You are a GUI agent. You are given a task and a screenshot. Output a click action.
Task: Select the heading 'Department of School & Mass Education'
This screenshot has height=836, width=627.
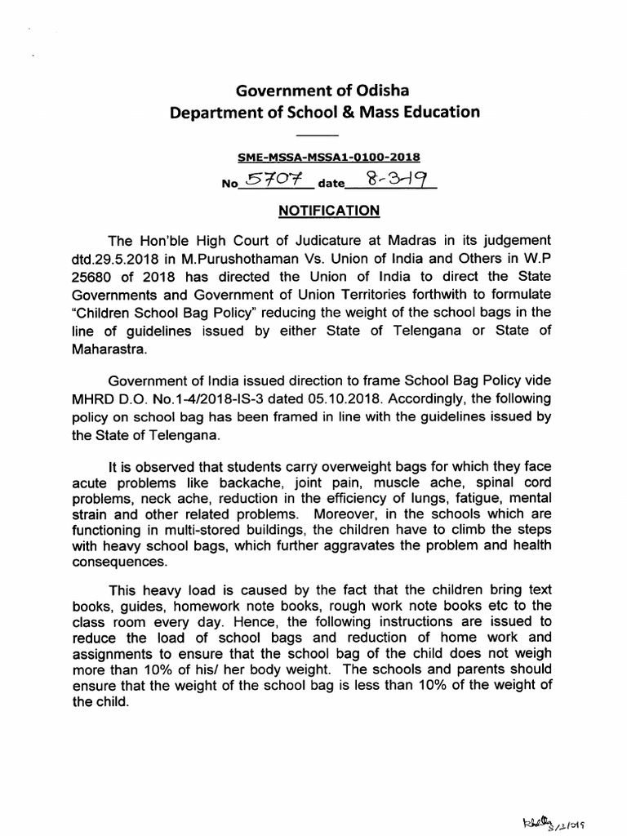point(324,112)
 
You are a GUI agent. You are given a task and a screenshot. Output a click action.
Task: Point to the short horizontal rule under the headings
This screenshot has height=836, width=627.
point(316,135)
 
